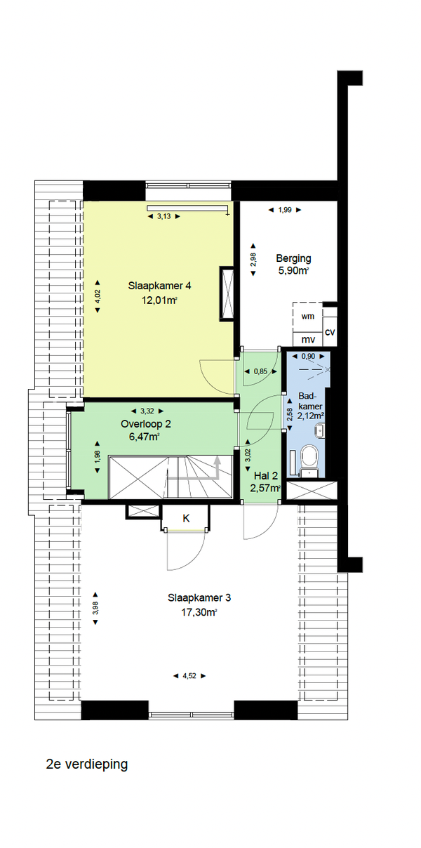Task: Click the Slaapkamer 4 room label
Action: (x=159, y=286)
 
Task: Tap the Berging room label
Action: (x=293, y=258)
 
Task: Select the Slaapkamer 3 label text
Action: (x=199, y=598)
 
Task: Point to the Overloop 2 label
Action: (x=146, y=423)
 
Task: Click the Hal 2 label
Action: (x=266, y=476)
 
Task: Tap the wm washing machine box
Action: (x=307, y=317)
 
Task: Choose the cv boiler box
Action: (x=330, y=332)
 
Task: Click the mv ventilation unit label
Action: (x=308, y=340)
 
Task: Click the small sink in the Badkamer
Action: (x=320, y=431)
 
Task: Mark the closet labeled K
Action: (x=186, y=518)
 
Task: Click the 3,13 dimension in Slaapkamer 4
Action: (x=163, y=216)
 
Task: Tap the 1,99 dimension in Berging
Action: (x=285, y=210)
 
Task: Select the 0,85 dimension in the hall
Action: (x=260, y=371)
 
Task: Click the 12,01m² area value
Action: (x=159, y=300)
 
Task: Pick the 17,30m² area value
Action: (x=199, y=613)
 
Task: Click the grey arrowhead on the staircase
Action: (x=218, y=460)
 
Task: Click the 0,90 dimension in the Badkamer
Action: (x=308, y=356)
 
